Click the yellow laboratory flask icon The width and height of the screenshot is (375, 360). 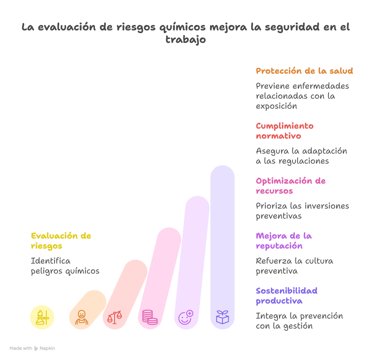point(42,317)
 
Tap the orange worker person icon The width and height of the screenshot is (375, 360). point(82,317)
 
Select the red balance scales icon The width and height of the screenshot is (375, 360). point(115,317)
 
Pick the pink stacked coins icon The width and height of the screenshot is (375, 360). point(150,317)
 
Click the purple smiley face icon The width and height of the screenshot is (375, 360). point(186,317)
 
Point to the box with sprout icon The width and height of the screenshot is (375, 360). point(222,317)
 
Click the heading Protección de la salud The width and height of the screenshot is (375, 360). point(305,71)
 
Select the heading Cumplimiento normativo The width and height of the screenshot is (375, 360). point(285,131)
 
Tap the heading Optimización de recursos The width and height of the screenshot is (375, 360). point(290,186)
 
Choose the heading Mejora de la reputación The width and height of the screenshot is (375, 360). point(284,241)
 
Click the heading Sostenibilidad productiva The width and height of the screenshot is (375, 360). point(287,296)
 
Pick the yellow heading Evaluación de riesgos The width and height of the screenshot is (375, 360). point(61,241)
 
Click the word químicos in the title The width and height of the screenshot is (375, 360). point(182,27)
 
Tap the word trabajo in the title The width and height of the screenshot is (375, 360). point(185,40)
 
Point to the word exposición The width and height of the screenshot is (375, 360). point(277,106)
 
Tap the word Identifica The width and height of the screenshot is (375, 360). point(51,261)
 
